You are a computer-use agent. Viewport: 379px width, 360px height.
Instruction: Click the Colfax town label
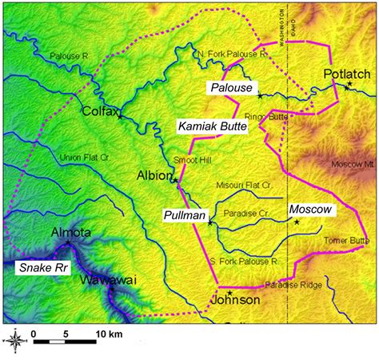coord(100,113)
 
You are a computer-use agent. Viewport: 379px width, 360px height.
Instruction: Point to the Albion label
coord(154,175)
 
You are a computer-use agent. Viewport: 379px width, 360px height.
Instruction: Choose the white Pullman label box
coord(185,216)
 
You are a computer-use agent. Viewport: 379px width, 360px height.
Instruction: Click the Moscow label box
coord(308,209)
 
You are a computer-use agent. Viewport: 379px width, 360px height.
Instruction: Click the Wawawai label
coord(108,281)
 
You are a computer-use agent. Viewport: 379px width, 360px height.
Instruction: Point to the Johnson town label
coord(235,300)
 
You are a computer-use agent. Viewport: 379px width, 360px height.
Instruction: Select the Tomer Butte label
coord(347,241)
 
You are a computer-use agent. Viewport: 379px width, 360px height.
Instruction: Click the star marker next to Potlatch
coord(350,84)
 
